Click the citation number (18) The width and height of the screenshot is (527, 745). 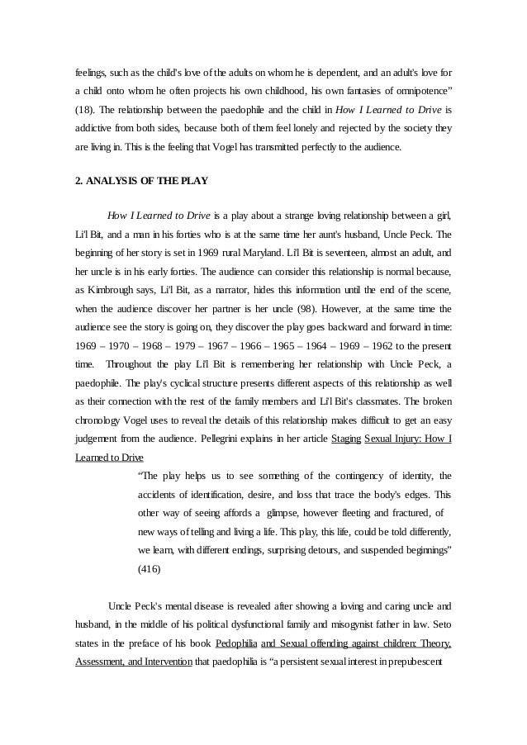[86, 109]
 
